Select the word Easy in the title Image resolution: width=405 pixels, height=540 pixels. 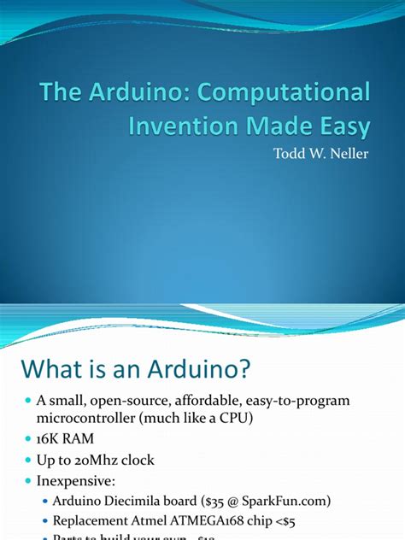coord(338,127)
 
